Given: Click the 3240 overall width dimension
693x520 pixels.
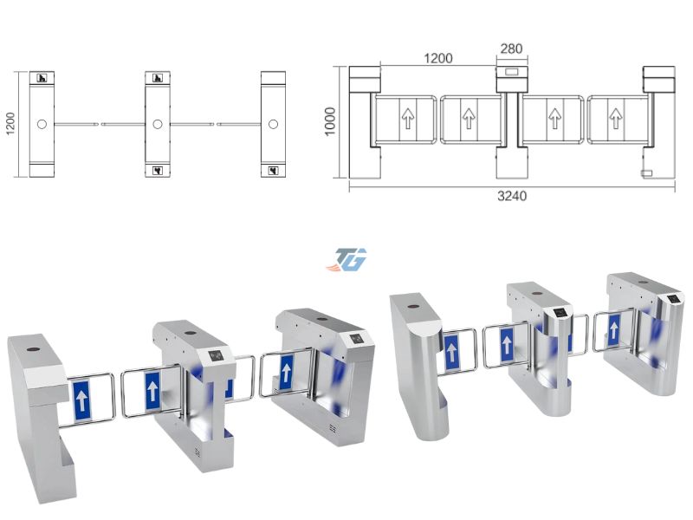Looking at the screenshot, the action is tap(512, 196).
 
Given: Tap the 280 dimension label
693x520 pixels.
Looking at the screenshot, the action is tap(511, 49).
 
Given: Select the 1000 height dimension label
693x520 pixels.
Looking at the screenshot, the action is tap(330, 121).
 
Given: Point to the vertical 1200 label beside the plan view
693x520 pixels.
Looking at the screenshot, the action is tap(10, 124).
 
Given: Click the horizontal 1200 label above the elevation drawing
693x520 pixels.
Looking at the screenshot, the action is tap(438, 58).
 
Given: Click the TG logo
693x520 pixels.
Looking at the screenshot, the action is tap(347, 259).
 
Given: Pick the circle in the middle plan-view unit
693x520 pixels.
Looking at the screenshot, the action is tap(158, 124).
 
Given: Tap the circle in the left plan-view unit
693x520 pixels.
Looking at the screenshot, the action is tap(42, 124).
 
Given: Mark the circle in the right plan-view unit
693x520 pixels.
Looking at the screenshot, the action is tap(273, 124).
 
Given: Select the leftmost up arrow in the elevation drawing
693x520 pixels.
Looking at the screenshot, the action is tap(407, 119).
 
